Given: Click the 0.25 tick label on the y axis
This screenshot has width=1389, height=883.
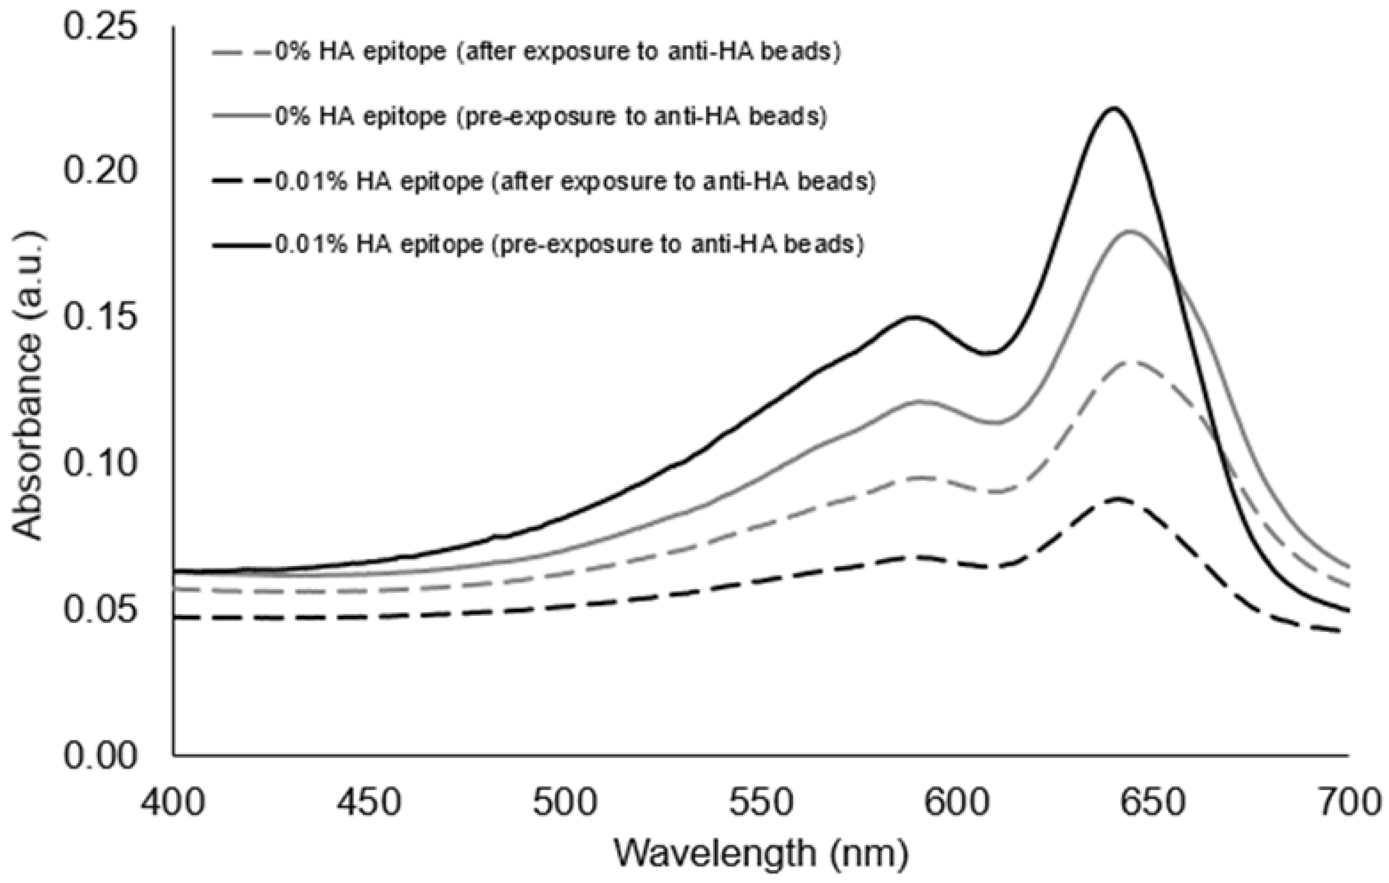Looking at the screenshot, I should tap(100, 28).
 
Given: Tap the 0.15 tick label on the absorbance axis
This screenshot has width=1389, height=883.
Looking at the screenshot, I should tap(100, 319).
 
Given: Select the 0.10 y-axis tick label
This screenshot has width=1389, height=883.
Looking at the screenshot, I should tap(100, 464).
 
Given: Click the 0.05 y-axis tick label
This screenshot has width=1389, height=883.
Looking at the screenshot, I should tap(100, 610).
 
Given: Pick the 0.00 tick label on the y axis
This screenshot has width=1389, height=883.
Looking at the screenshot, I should tap(100, 755).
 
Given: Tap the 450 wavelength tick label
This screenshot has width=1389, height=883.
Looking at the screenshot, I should tap(370, 803).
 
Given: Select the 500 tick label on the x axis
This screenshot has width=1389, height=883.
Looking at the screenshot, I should tap(565, 803).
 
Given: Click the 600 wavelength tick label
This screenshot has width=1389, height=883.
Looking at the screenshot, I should tap(957, 803).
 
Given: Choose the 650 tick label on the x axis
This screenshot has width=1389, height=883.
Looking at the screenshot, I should tap(1152, 803).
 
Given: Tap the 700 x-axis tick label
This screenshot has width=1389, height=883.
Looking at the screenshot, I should tap(1348, 803).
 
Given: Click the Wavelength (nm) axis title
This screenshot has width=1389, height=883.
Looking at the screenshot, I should tap(760, 854).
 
